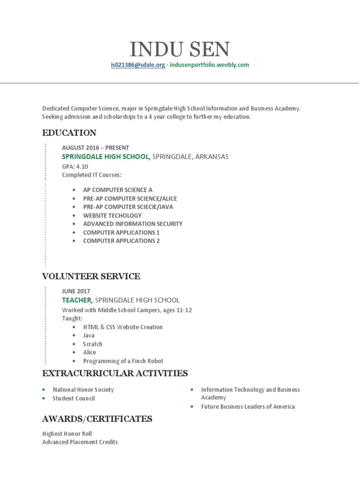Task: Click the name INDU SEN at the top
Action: click(x=180, y=49)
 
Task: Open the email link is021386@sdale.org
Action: click(x=138, y=65)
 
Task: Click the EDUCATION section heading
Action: click(x=69, y=133)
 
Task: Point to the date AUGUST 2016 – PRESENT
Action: click(x=96, y=148)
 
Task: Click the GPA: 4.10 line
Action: click(x=75, y=166)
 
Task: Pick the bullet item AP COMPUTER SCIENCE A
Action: click(x=118, y=190)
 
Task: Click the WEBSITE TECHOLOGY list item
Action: click(x=112, y=215)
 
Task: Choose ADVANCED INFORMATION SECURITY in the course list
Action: click(x=133, y=224)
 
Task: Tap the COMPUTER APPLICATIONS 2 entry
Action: click(x=121, y=240)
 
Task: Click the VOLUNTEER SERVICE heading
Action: click(x=91, y=276)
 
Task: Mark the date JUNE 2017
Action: click(x=76, y=291)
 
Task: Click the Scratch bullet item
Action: click(x=93, y=344)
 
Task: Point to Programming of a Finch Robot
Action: click(x=123, y=361)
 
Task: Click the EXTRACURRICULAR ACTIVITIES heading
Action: click(x=115, y=373)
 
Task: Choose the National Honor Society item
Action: click(x=83, y=390)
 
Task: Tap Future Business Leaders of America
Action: click(x=248, y=406)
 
